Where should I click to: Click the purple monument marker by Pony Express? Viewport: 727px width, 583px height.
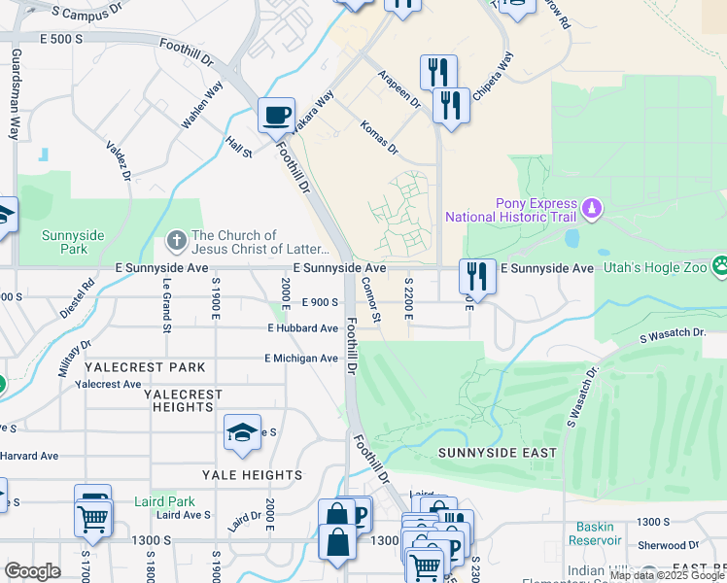click(x=591, y=208)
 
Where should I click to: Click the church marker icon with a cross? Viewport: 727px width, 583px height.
click(x=176, y=238)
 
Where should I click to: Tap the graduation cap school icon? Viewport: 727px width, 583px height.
click(x=242, y=433)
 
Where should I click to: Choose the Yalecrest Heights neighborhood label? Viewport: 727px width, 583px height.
click(x=183, y=401)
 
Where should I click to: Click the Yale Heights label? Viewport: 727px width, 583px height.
click(x=252, y=475)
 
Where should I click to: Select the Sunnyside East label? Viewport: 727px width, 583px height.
click(x=497, y=453)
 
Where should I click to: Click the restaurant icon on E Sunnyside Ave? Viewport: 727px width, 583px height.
click(x=478, y=276)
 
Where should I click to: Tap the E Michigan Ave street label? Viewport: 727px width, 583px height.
click(x=301, y=359)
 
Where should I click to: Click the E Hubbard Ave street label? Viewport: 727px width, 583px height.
click(x=303, y=328)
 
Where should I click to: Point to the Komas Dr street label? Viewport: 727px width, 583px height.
click(x=379, y=139)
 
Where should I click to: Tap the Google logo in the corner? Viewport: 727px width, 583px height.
click(x=32, y=571)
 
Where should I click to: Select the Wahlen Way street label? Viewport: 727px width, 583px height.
click(x=202, y=104)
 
